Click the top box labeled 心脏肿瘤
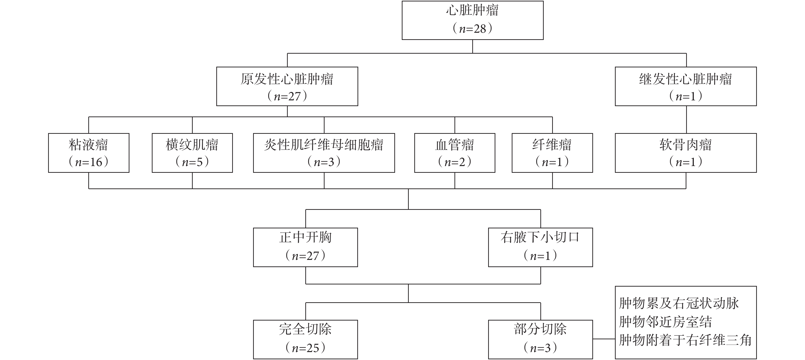point(473,20)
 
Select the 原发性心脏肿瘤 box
point(287,86)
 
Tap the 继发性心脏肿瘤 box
point(686,86)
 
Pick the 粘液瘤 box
point(89,153)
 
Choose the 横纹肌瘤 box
point(192,153)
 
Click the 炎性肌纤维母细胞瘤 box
point(324,153)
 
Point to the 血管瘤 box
point(455,153)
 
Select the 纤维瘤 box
point(552,153)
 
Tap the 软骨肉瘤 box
point(686,153)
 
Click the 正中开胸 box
point(305,247)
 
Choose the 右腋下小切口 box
point(540,247)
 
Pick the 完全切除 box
point(305,339)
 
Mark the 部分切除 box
point(540,339)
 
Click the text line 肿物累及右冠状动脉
point(679,303)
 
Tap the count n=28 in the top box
point(473,29)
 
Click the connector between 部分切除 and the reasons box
point(604,339)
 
